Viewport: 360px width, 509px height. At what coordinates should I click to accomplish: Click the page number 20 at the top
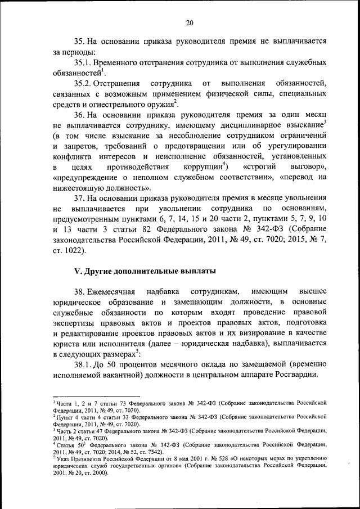190,22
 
